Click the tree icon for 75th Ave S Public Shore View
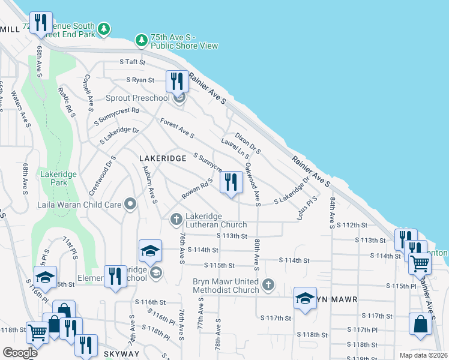[141, 40]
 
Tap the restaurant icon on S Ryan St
[176, 80]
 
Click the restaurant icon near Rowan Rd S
[231, 181]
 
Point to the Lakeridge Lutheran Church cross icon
[176, 220]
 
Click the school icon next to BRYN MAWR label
[305, 298]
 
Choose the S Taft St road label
[133, 62]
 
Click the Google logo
[20, 353]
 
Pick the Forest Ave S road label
[177, 127]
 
